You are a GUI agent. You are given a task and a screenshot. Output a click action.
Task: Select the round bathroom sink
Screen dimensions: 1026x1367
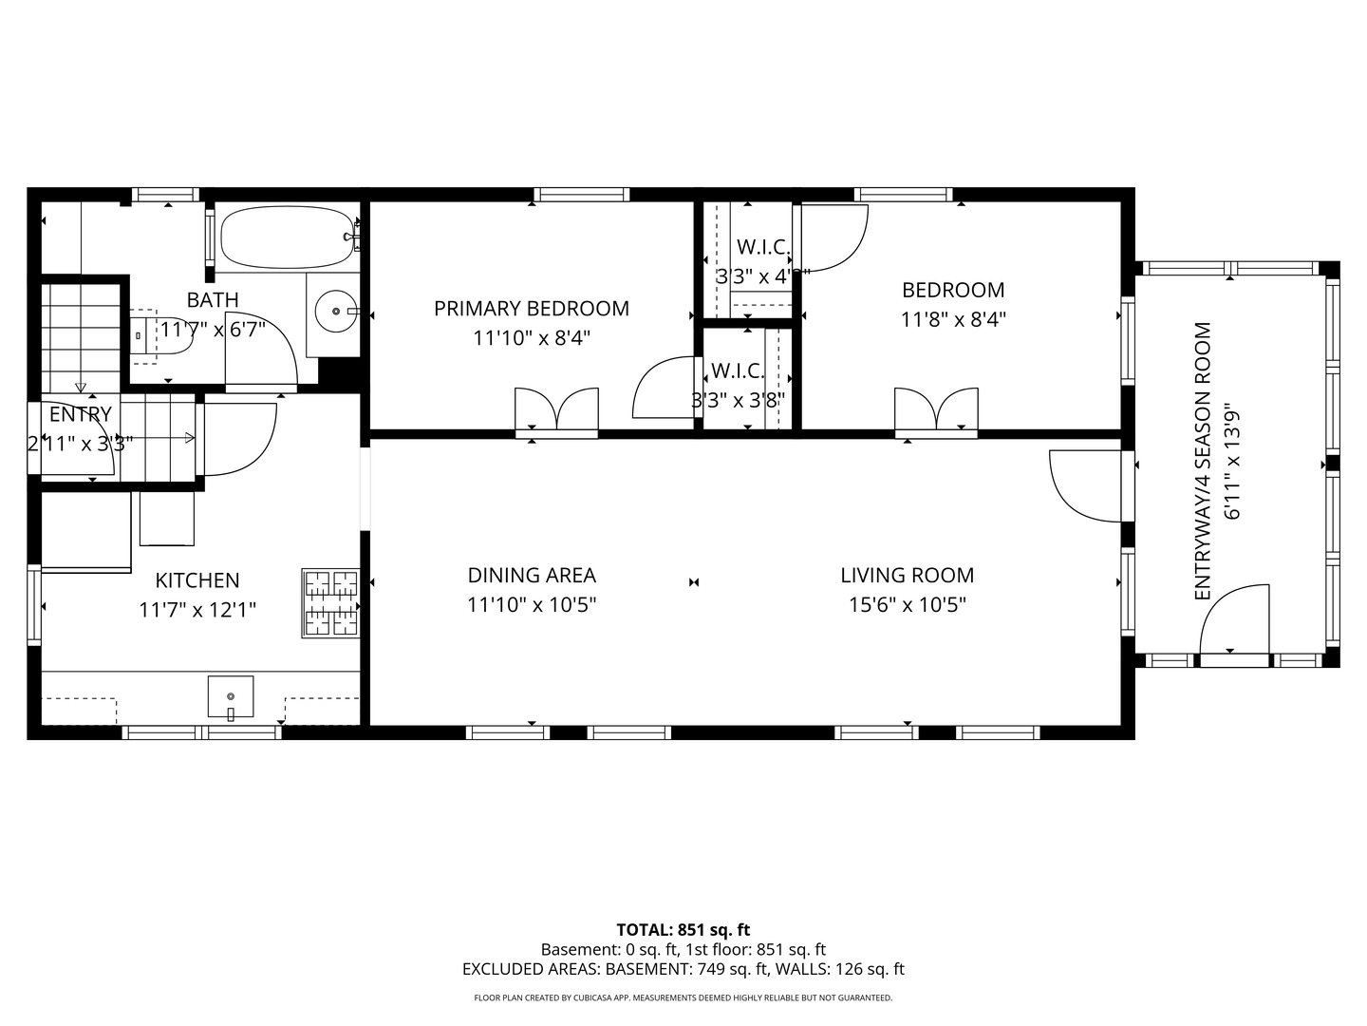click(335, 311)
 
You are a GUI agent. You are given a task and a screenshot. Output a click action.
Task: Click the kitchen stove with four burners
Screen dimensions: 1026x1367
click(330, 603)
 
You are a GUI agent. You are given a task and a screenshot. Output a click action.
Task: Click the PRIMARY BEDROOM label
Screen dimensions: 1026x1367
click(532, 309)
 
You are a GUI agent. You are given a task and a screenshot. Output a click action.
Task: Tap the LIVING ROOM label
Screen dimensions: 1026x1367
click(907, 575)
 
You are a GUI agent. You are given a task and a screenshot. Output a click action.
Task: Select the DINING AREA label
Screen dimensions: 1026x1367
click(532, 575)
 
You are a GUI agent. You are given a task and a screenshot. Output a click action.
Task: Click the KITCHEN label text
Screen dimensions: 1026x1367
click(197, 580)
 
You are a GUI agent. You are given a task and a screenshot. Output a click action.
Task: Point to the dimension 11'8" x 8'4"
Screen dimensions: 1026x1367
click(953, 319)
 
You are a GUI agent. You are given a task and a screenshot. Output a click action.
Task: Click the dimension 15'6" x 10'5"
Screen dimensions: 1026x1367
click(907, 604)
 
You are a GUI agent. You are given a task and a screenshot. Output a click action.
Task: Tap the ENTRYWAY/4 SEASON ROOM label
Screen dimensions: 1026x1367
click(1203, 462)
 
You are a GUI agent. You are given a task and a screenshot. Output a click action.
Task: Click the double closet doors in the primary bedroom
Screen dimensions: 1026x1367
click(556, 410)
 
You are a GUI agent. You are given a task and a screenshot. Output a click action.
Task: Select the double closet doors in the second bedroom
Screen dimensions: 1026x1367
click(936, 410)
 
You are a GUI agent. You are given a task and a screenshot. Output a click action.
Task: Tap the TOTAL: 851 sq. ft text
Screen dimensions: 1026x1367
click(683, 930)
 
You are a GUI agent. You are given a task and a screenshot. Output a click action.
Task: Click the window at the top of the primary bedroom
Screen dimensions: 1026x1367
click(581, 195)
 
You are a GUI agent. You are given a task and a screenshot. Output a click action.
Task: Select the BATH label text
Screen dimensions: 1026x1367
click(213, 300)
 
